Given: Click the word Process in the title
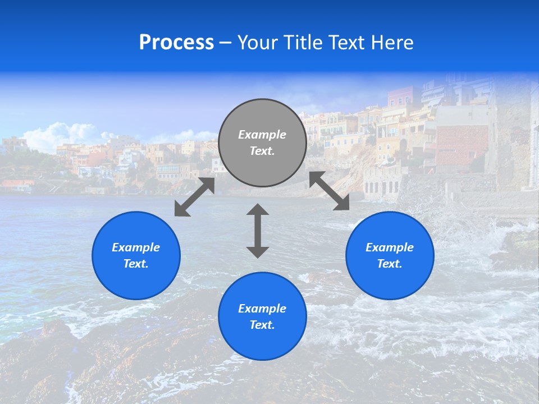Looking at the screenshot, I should [176, 43].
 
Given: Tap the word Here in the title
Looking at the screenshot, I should [392, 43].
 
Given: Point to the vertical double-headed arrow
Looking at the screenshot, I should [258, 231].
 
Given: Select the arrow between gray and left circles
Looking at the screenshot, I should [194, 197].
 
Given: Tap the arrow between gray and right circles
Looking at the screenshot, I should [329, 191].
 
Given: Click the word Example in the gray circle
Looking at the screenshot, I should [262, 135].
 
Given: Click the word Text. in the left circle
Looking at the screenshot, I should [136, 264].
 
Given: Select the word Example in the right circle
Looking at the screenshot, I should [390, 247].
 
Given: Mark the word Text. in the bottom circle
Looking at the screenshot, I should [262, 325].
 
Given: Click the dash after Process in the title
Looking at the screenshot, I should [225, 43].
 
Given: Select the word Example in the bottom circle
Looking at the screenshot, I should [262, 309].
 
